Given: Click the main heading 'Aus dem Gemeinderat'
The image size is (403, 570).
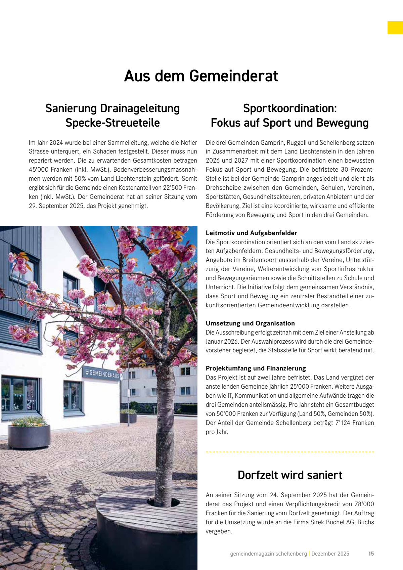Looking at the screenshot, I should [201, 76].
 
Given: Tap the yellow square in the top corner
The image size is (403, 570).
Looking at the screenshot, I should [395, 28].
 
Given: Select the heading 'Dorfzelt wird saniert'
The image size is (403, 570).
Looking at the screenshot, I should [290, 475].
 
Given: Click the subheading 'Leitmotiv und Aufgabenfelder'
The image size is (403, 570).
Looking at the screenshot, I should [252, 233].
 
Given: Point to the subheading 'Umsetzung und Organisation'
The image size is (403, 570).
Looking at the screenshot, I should [250, 323].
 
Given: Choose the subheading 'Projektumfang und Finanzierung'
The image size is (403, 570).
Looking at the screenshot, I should [256, 368].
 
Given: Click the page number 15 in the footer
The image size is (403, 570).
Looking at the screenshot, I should [371, 554].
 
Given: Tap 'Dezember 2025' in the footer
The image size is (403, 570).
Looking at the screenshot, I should [330, 554].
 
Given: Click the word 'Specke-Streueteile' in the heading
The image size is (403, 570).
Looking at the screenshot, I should [113, 123].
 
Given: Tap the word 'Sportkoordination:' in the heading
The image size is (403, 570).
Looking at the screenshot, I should [290, 108].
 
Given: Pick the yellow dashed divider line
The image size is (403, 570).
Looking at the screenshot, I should [290, 452].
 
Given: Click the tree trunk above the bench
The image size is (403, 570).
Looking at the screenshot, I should [166, 437].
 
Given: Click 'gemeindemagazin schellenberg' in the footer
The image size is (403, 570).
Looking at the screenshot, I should [268, 554].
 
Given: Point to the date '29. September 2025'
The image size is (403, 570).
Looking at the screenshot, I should [56, 206].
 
